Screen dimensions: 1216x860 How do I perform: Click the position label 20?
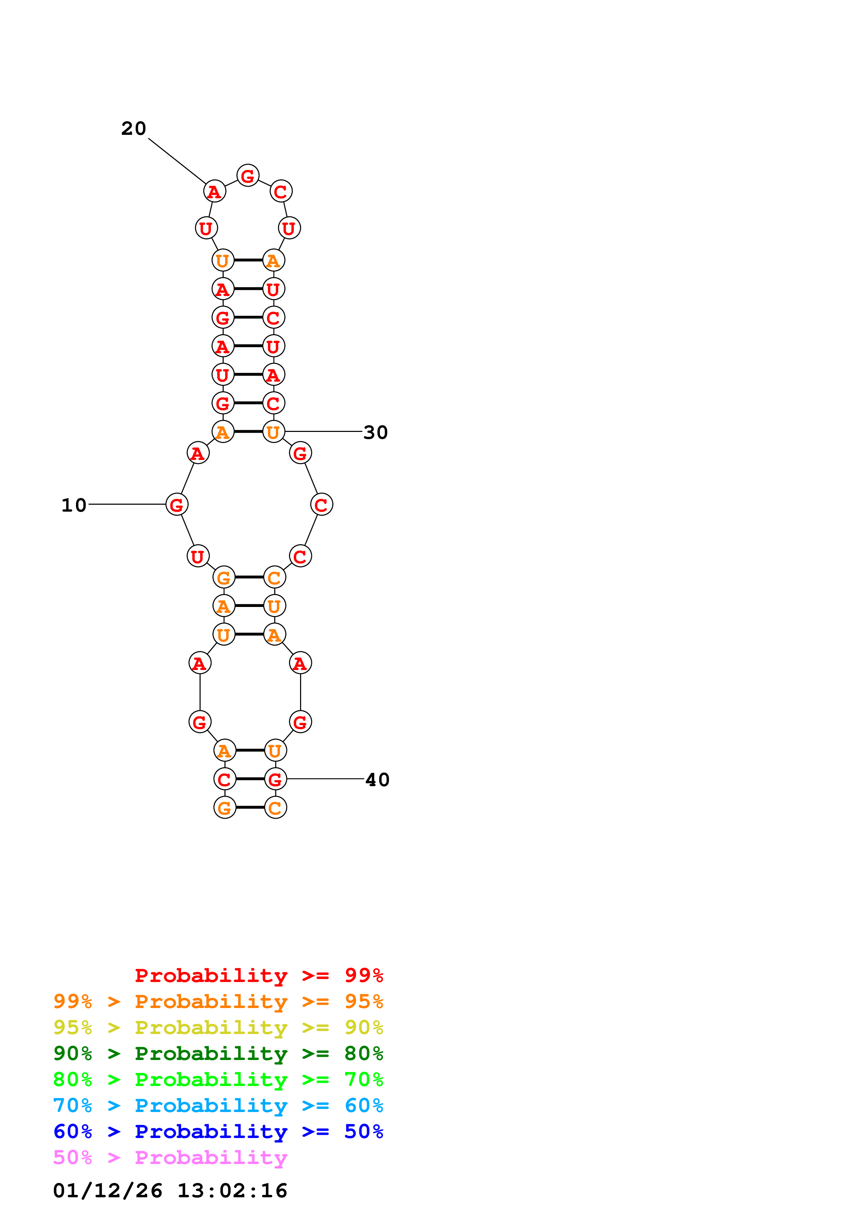pos(134,129)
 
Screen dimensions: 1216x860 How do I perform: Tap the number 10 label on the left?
pos(74,505)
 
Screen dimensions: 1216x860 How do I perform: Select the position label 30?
pos(376,433)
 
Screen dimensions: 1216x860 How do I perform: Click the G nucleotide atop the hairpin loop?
pos(247,176)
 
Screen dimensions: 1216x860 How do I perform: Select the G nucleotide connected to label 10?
pos(177,504)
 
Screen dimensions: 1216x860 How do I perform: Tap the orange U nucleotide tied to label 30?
pos(273,432)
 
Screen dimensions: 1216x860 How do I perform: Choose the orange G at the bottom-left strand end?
pos(225,808)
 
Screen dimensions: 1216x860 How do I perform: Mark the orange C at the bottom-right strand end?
pos(275,808)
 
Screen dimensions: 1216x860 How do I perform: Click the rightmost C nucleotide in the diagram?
pos(322,504)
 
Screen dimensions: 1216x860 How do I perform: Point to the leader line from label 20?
pos(177,161)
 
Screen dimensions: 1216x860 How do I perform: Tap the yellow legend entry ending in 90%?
pos(218,1027)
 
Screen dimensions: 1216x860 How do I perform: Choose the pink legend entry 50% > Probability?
pos(170,1158)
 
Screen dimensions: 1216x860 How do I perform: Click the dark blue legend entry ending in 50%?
pos(218,1132)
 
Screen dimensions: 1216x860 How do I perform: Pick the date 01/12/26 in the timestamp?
pos(108,1191)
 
